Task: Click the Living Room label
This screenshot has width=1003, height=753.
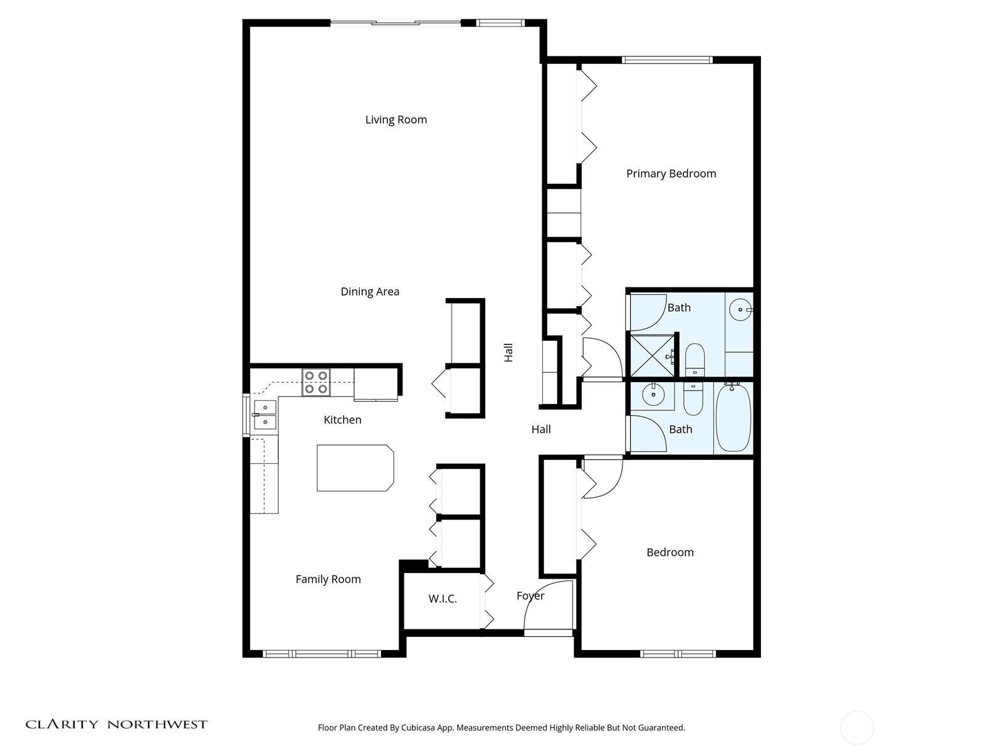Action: tap(396, 120)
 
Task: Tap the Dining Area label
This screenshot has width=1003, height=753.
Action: tap(370, 292)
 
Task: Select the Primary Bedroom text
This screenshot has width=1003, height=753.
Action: tap(671, 174)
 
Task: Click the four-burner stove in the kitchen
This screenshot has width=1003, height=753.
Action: tap(316, 382)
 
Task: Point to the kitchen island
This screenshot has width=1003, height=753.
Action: tap(355, 467)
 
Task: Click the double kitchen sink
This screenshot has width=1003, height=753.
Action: tap(265, 414)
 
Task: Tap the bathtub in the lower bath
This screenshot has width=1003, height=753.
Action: tap(733, 418)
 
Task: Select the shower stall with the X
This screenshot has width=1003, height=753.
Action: tap(652, 356)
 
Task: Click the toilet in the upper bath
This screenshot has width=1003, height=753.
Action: tap(695, 360)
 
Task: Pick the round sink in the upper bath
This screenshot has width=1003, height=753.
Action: tap(740, 309)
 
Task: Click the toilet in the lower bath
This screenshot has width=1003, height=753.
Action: tap(693, 398)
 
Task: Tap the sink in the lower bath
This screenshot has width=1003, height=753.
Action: tap(653, 395)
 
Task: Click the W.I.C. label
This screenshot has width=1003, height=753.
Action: tap(443, 599)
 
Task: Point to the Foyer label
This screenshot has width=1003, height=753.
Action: tap(530, 595)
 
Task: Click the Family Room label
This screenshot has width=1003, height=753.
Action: tap(328, 579)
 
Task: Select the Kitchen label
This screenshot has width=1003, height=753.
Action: tap(342, 420)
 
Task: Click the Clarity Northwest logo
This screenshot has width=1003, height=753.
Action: tap(116, 724)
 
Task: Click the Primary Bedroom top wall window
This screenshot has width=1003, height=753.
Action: tap(667, 60)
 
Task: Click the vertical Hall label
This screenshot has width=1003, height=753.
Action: tap(508, 353)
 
